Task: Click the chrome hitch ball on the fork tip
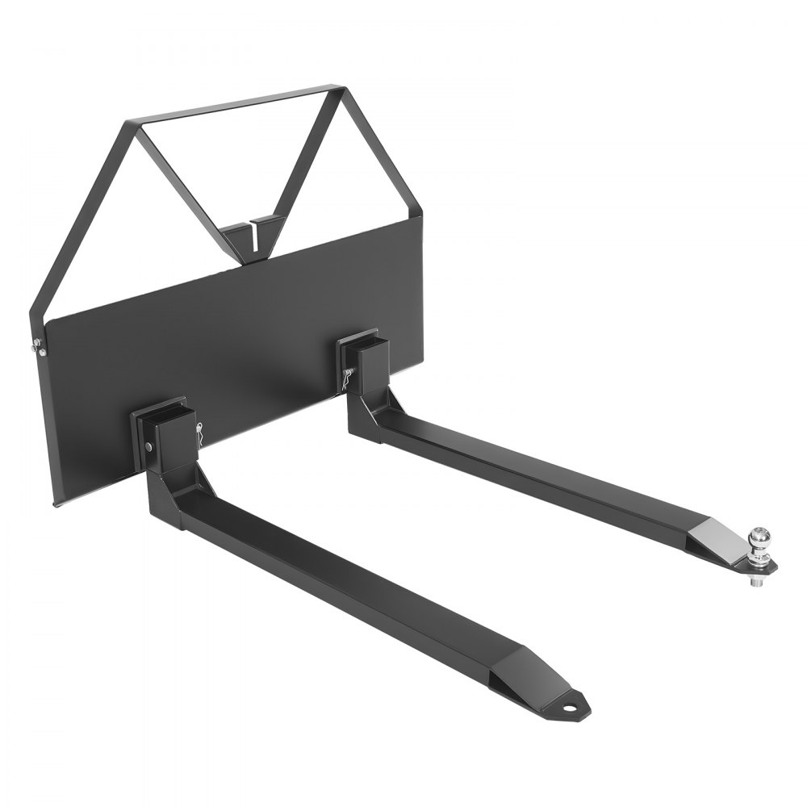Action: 760,536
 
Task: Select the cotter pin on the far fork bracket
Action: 348,376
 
